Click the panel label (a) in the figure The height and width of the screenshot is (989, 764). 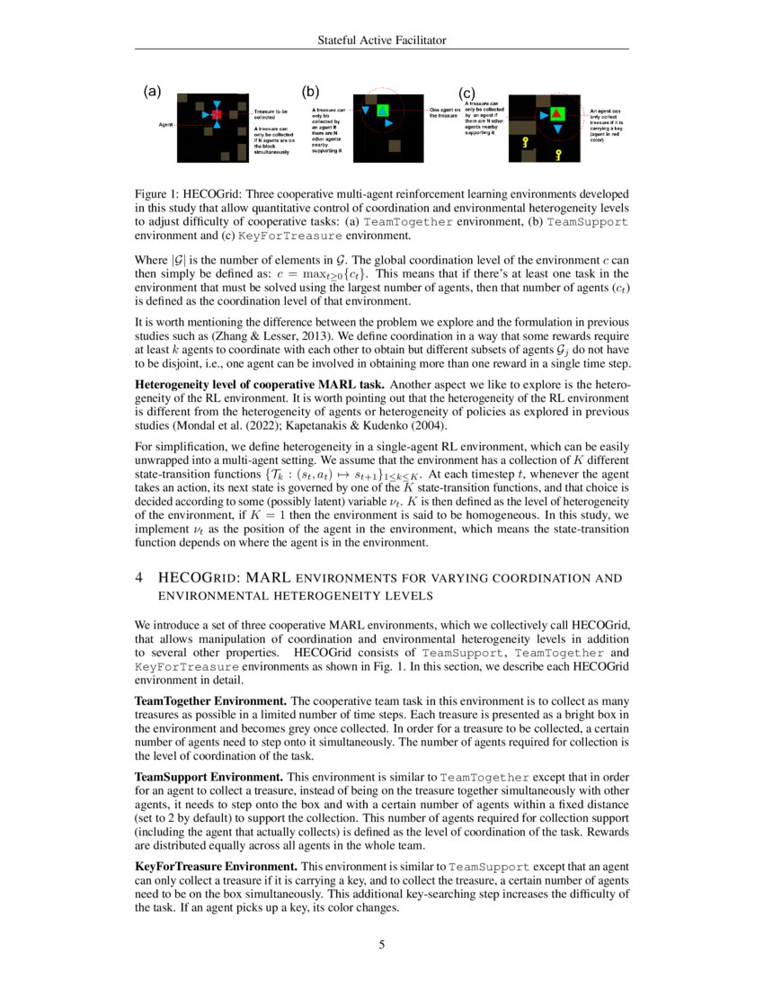click(152, 91)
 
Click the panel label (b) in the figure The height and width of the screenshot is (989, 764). click(310, 91)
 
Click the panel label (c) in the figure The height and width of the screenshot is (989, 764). click(466, 93)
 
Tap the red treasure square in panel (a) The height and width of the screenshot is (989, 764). click(216, 116)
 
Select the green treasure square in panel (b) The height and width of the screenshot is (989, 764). click(382, 110)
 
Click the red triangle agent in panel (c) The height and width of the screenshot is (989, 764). click(557, 113)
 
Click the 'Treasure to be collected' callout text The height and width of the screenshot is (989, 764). click(271, 113)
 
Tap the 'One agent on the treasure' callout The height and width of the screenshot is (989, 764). click(445, 112)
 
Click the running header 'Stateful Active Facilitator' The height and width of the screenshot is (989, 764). click(382, 40)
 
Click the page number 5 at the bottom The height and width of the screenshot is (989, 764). click(382, 944)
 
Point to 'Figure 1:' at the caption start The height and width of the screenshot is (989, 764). click(158, 194)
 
